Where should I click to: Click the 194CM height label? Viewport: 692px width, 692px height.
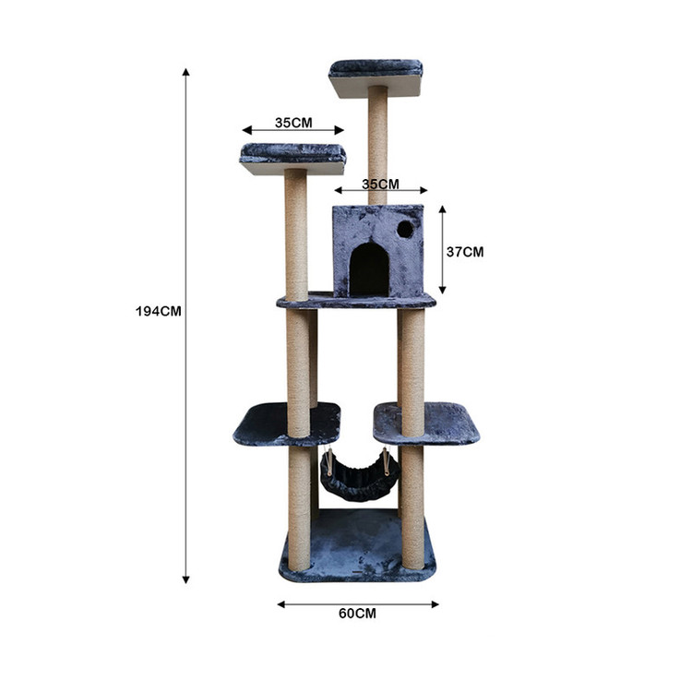point(159,311)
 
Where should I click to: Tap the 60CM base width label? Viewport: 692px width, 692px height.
point(357,614)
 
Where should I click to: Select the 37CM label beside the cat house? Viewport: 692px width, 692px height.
point(465,252)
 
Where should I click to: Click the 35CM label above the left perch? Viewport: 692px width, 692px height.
point(293,123)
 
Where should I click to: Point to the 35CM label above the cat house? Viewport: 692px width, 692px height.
point(380,184)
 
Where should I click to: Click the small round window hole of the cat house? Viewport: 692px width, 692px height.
point(405,229)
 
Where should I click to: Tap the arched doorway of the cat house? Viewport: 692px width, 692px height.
point(369,269)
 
